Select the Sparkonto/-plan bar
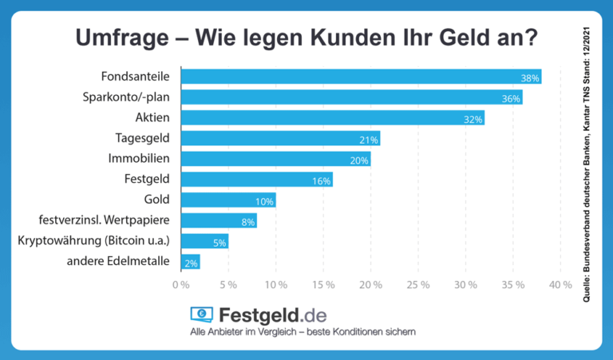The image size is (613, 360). click(x=351, y=98)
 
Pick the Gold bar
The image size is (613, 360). click(x=228, y=200)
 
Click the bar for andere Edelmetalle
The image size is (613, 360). click(x=190, y=262)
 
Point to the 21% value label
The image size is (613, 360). click(x=369, y=140)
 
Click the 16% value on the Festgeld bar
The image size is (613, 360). click(x=321, y=180)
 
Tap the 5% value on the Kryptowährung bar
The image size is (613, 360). click(x=219, y=242)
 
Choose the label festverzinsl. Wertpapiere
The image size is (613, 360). click(x=107, y=220)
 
